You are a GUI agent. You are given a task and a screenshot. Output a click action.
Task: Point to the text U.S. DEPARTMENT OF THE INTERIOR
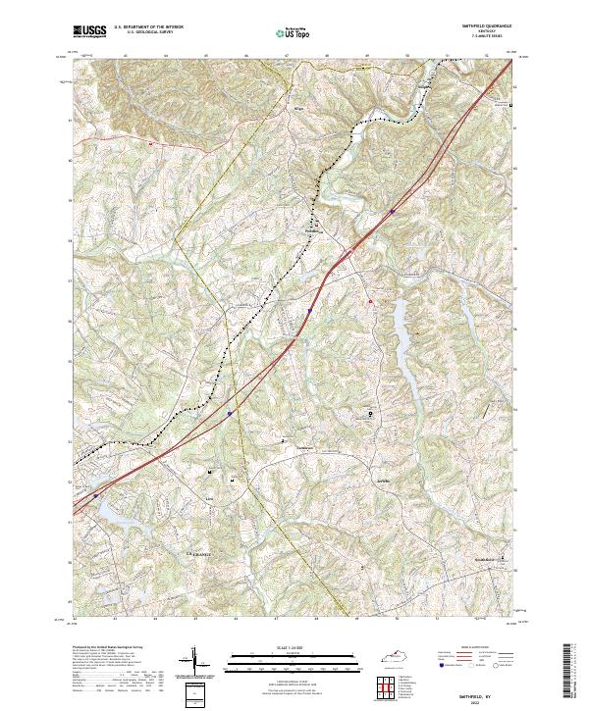147,26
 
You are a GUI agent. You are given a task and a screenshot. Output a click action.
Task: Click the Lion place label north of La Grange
208,498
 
